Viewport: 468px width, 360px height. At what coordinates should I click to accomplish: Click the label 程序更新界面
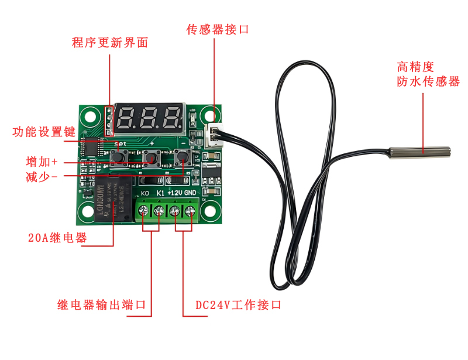109,43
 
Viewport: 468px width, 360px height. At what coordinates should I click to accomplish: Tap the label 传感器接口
217,29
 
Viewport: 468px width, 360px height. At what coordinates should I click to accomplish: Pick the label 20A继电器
57,238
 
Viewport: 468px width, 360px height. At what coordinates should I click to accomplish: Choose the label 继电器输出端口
101,305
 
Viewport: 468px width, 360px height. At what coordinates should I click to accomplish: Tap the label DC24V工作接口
239,305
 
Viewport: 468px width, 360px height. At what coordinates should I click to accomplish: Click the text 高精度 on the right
416,67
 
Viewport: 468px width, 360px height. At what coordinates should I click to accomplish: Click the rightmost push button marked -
183,156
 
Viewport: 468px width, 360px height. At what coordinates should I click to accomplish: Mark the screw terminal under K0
144,211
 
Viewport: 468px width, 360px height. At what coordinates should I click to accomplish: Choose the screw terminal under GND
190,211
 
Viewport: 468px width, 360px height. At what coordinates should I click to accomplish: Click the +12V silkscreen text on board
175,193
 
